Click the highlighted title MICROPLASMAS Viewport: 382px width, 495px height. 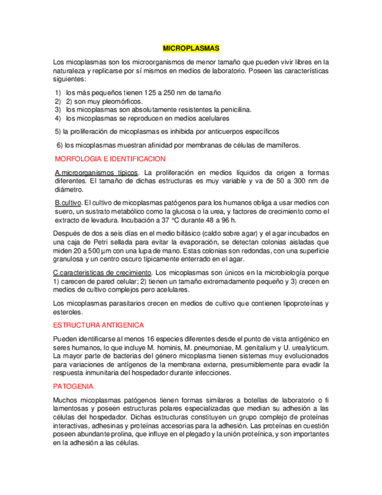coord(191,48)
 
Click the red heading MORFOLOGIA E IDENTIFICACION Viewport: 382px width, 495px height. coord(110,159)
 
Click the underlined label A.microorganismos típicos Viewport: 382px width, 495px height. coord(96,173)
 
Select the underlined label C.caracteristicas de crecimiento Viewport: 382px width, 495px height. coord(103,273)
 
